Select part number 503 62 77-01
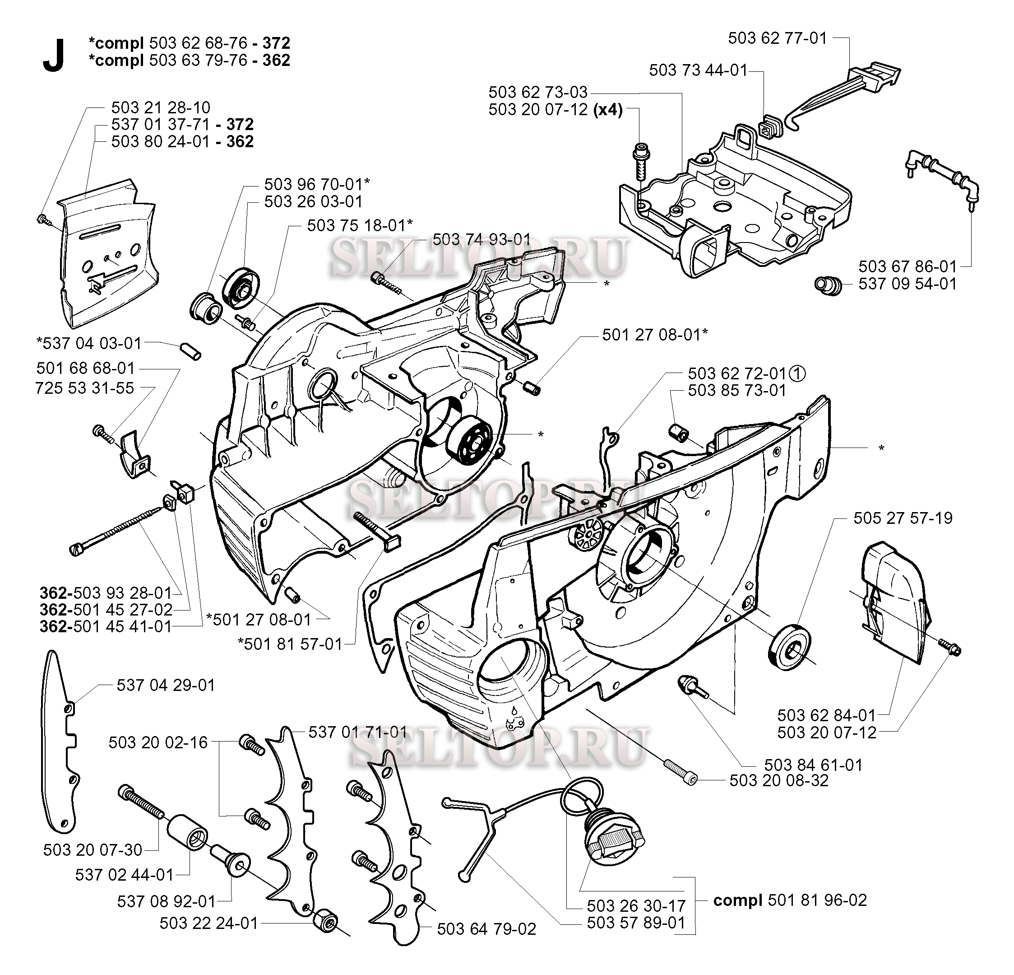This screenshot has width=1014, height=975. point(777,38)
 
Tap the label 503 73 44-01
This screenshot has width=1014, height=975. point(698,70)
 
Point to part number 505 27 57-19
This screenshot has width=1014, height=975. point(903,518)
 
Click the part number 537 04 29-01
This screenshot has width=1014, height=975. point(166,685)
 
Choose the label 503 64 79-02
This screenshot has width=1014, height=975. point(486,929)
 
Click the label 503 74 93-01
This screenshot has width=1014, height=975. point(481,239)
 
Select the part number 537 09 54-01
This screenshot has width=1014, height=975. point(908,284)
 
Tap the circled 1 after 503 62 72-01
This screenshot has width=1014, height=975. point(798,373)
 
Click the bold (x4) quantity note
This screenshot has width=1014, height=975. point(608,110)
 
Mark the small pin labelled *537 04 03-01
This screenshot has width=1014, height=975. point(191,350)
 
